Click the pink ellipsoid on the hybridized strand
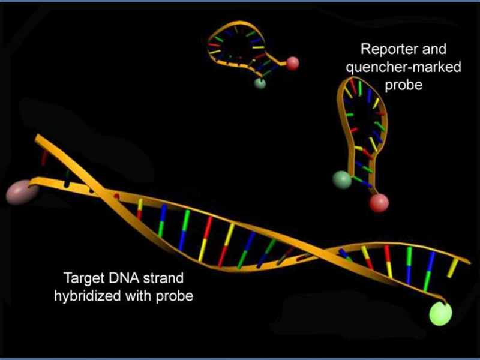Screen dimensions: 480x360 pyautogui.click(x=22, y=192)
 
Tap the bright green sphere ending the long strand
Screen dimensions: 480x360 pyautogui.click(x=440, y=313)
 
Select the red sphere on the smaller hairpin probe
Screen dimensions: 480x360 pyautogui.click(x=292, y=64)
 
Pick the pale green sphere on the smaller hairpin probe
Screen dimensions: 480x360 pyautogui.click(x=260, y=83)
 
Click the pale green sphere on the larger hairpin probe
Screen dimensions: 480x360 pyautogui.click(x=342, y=180)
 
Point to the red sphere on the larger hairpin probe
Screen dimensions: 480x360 pyautogui.click(x=379, y=203)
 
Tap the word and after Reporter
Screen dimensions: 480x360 pyautogui.click(x=434, y=49)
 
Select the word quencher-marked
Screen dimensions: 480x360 pyautogui.click(x=403, y=67)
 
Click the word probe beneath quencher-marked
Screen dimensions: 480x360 pyautogui.click(x=403, y=85)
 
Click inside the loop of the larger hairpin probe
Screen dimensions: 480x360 pyautogui.click(x=364, y=116)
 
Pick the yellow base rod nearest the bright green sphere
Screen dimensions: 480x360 pyautogui.click(x=452, y=268)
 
